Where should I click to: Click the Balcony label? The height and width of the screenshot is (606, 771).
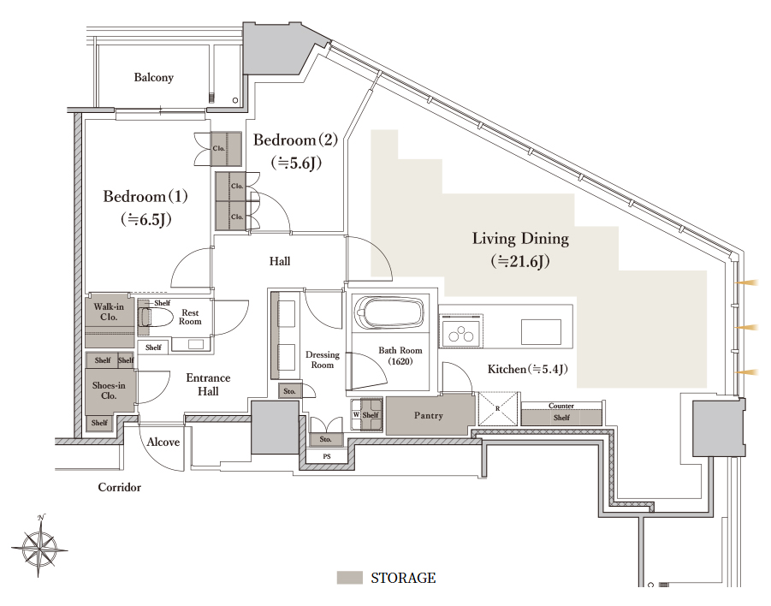pyautogui.click(x=153, y=78)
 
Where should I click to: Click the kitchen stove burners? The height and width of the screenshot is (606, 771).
pyautogui.click(x=461, y=331)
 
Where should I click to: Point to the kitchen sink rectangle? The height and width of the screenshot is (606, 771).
pyautogui.click(x=541, y=331)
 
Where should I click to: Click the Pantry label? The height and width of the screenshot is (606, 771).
pyautogui.click(x=428, y=416)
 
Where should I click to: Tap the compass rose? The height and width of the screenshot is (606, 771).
pyautogui.click(x=40, y=545)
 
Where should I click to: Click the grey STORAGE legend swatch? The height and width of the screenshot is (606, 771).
pyautogui.click(x=350, y=578)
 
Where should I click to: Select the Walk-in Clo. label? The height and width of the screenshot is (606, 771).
pyautogui.click(x=109, y=312)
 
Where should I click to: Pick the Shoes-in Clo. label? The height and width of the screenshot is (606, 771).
pyautogui.click(x=109, y=390)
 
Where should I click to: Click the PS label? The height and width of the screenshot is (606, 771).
pyautogui.click(x=327, y=456)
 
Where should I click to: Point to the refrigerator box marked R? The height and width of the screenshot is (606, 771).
pyautogui.click(x=498, y=409)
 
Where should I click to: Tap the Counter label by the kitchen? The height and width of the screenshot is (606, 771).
pyautogui.click(x=561, y=406)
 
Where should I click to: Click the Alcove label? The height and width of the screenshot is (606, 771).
pyautogui.click(x=163, y=443)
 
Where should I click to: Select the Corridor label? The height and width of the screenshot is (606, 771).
pyautogui.click(x=120, y=488)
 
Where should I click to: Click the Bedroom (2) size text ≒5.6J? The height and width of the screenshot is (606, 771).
pyautogui.click(x=296, y=163)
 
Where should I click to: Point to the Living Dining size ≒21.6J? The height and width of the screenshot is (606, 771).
pyautogui.click(x=520, y=261)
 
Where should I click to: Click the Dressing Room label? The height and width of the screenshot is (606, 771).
pyautogui.click(x=323, y=359)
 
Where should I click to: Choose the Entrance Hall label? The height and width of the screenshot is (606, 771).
pyautogui.click(x=208, y=384)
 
